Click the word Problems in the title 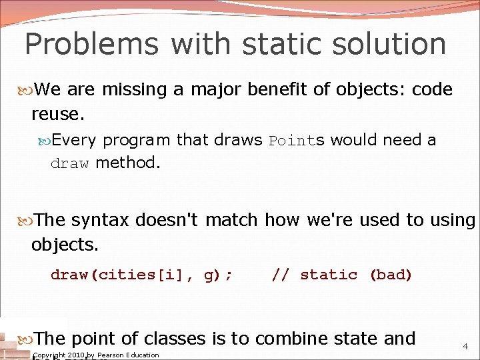(91, 45)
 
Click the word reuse (57, 114)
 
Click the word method (128, 163)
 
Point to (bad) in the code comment (391, 275)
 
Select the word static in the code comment (329, 275)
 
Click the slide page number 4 (465, 347)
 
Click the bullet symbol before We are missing (26, 90)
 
